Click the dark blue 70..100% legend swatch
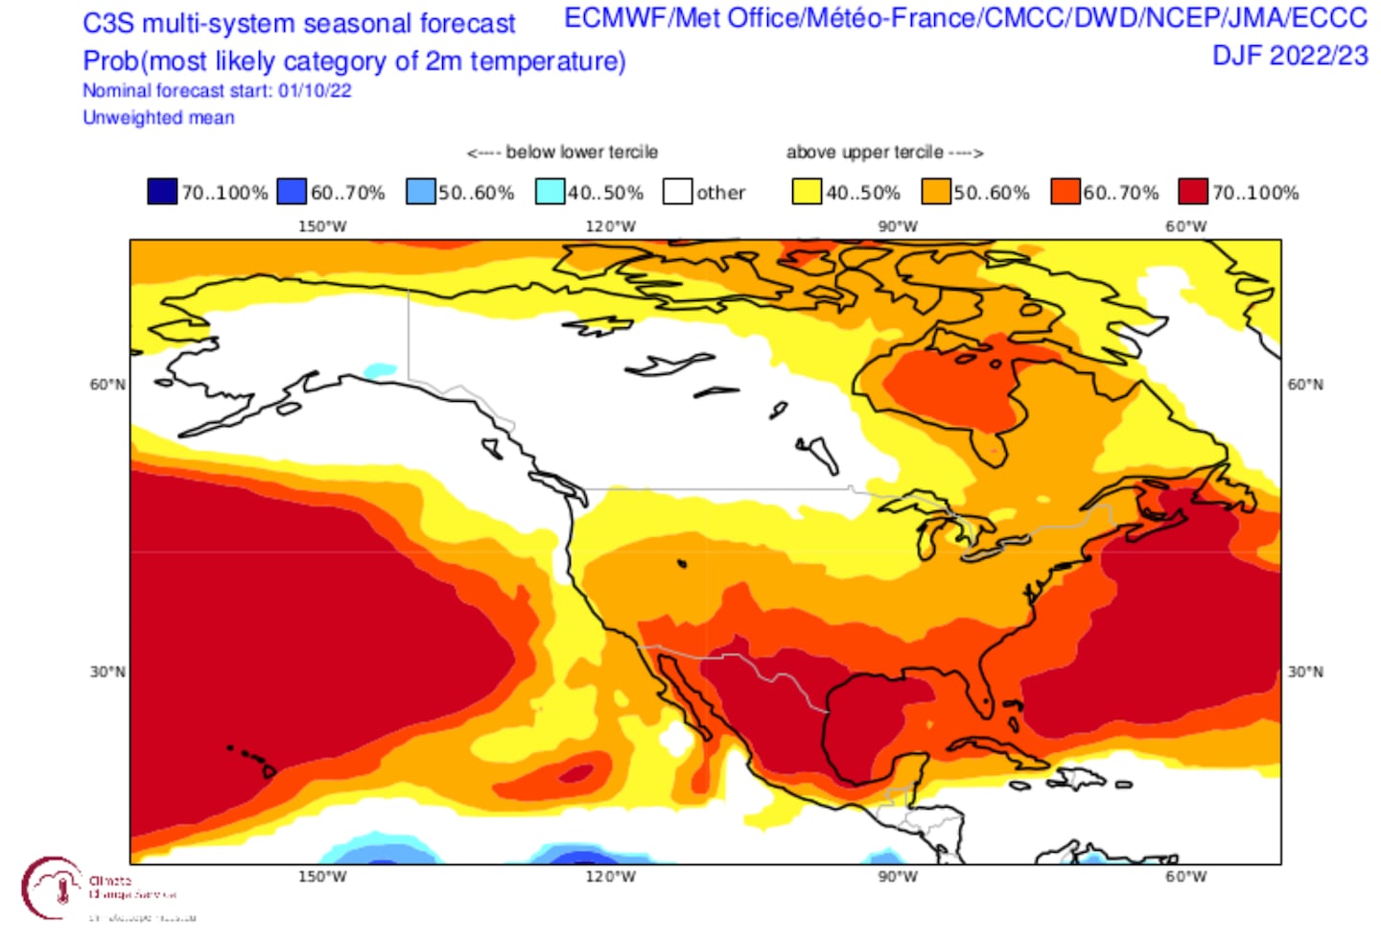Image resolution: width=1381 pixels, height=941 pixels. [x=162, y=192]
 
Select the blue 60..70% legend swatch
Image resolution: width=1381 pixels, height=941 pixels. [x=292, y=192]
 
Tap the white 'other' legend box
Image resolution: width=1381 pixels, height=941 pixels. [x=677, y=192]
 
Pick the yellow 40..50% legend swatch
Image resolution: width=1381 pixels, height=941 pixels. [x=807, y=192]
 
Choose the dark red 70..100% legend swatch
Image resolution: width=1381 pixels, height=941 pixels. [x=1193, y=192]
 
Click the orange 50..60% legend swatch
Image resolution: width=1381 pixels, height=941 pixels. [x=935, y=192]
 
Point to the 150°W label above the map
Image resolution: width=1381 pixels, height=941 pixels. [x=322, y=226]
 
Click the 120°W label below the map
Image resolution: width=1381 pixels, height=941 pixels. [x=610, y=877]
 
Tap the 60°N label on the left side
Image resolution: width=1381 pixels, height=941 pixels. [x=107, y=385]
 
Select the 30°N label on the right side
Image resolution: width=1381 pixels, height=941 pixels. [x=1305, y=671]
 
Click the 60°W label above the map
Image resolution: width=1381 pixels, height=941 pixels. [x=1186, y=226]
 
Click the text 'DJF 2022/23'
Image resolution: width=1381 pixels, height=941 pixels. [x=1290, y=56]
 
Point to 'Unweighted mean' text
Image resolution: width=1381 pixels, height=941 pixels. [x=158, y=118]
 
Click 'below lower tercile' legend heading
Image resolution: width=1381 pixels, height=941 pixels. [x=581, y=153]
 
